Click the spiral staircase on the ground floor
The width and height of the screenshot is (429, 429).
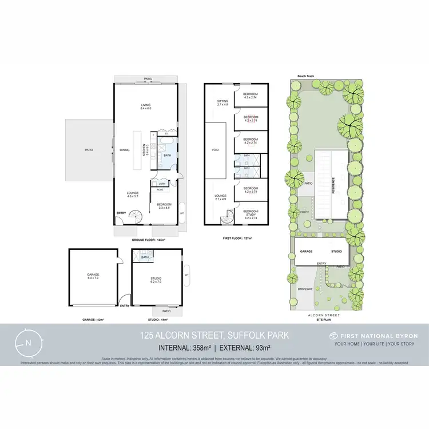click(x=137, y=217)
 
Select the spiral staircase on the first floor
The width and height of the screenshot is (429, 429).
click(x=228, y=216)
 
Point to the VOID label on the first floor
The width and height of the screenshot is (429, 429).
click(x=215, y=150)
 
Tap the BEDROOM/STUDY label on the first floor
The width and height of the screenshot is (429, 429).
click(x=251, y=213)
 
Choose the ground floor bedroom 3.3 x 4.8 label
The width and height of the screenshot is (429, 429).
click(x=165, y=206)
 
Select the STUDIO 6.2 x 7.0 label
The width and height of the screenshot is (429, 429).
click(x=156, y=280)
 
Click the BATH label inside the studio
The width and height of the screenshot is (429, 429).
click(x=145, y=257)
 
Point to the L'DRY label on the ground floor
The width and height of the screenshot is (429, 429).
click(x=162, y=183)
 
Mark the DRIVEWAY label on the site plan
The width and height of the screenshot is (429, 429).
click(x=305, y=289)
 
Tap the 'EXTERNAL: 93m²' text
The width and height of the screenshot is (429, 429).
click(x=239, y=347)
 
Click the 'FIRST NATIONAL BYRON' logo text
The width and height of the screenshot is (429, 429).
click(x=375, y=336)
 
